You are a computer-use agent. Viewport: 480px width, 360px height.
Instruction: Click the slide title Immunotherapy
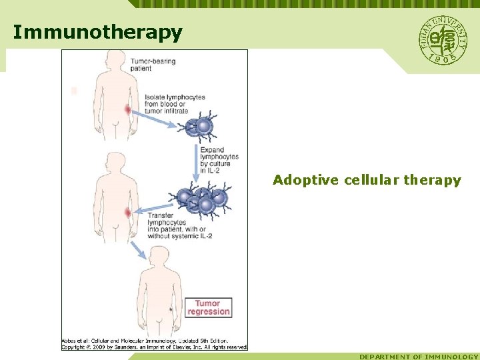tap(97, 33)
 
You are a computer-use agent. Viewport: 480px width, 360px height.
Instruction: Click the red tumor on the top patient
tap(127, 109)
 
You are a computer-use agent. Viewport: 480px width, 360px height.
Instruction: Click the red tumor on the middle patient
tap(128, 212)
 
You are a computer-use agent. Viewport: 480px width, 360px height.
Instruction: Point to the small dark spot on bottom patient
tap(171, 309)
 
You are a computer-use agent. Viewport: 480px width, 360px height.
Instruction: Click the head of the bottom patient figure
tap(159, 257)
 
